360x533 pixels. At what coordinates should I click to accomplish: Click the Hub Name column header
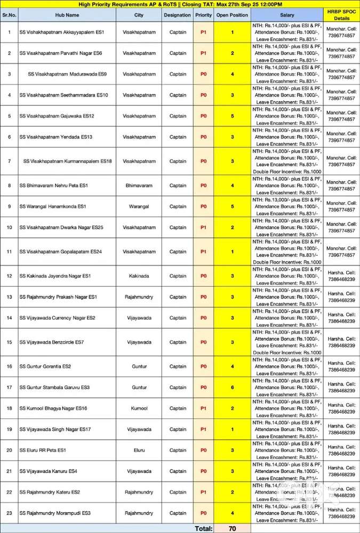(x=69, y=15)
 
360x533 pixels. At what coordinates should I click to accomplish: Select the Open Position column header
(x=232, y=15)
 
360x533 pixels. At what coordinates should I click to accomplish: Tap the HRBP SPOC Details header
(x=341, y=14)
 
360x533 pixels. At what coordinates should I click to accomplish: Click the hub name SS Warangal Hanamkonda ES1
(x=53, y=206)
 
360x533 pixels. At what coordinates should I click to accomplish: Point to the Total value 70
(x=232, y=529)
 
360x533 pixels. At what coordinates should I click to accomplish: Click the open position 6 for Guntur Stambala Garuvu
(x=232, y=387)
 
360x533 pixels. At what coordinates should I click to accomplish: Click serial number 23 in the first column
(x=9, y=513)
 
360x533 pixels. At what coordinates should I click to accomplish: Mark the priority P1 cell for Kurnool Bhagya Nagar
(x=203, y=408)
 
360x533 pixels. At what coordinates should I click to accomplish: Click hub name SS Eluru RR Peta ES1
(x=43, y=450)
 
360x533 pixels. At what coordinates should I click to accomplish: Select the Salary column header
(x=287, y=15)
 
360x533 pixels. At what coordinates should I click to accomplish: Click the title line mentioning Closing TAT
(x=180, y=4)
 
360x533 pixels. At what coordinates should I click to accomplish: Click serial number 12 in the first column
(x=9, y=276)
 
